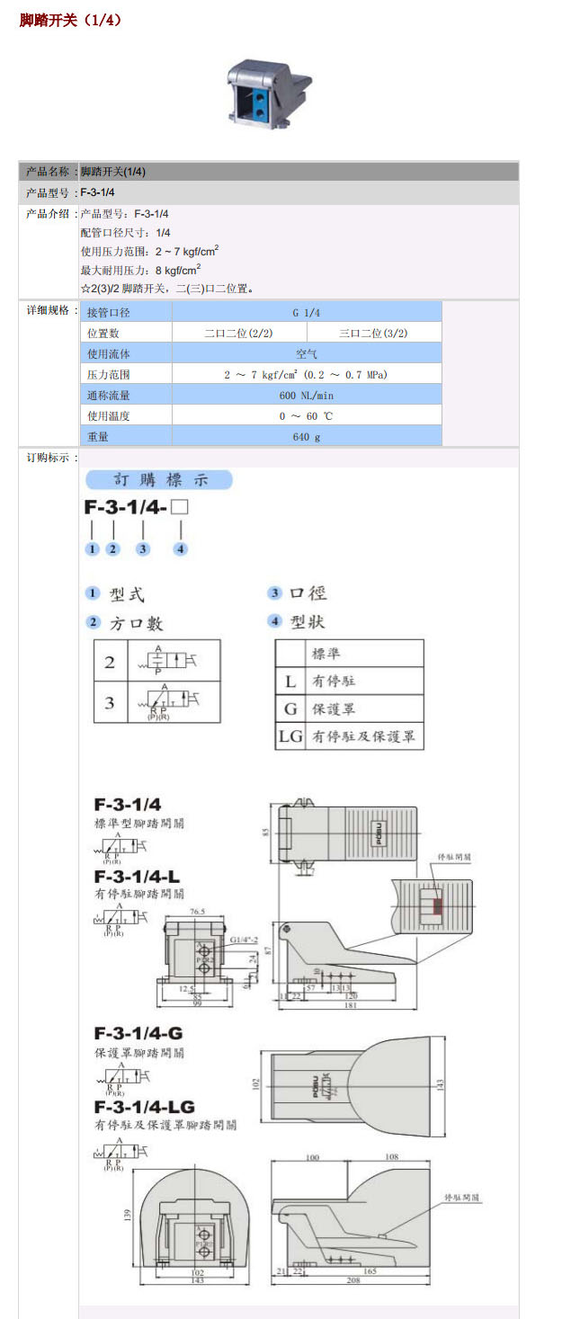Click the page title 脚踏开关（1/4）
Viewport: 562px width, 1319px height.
pyautogui.click(x=70, y=19)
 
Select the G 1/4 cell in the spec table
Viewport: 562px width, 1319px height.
pyautogui.click(x=306, y=312)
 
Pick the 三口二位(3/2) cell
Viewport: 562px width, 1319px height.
pyautogui.click(x=373, y=333)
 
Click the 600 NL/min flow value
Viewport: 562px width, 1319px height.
pyautogui.click(x=306, y=395)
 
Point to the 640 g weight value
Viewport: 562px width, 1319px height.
pyautogui.click(x=306, y=436)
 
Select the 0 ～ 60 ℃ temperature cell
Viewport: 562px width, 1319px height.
pyautogui.click(x=306, y=415)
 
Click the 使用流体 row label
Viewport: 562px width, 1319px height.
pyautogui.click(x=109, y=353)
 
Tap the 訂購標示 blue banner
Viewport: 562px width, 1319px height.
pyautogui.click(x=159, y=480)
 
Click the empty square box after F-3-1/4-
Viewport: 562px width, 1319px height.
pyautogui.click(x=180, y=507)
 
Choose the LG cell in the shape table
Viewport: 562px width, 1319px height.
pyautogui.click(x=290, y=737)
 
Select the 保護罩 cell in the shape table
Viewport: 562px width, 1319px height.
pyautogui.click(x=333, y=709)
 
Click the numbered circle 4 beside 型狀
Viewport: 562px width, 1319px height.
pyautogui.click(x=275, y=621)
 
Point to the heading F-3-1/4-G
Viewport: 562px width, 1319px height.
pyautogui.click(x=138, y=1033)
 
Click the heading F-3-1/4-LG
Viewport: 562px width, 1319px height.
pyautogui.click(x=144, y=1106)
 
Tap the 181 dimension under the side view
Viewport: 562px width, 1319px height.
pyautogui.click(x=351, y=1005)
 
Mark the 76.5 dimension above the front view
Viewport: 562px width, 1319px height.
pyautogui.click(x=198, y=912)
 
